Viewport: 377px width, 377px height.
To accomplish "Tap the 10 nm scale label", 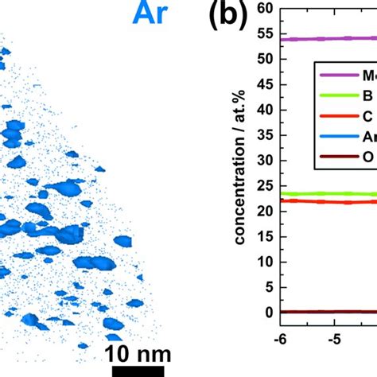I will pos(138,352).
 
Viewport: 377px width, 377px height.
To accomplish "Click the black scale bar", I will pos(138,371).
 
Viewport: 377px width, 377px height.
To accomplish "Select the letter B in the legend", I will pos(367,96).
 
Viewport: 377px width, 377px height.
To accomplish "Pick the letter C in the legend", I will pos(367,117).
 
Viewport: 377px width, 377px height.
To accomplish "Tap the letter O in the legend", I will pos(368,157).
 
